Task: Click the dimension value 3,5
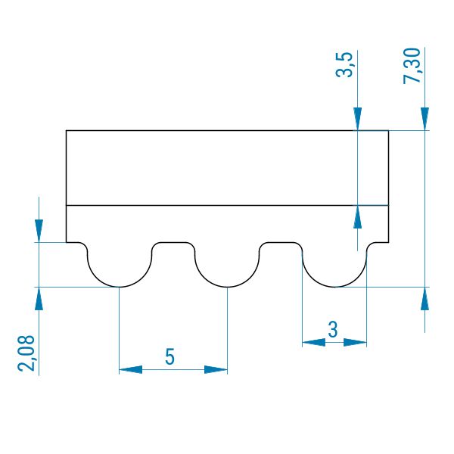(x=344, y=64)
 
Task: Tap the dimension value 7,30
(x=412, y=66)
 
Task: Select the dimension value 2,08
(x=26, y=353)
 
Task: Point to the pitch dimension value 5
(x=170, y=356)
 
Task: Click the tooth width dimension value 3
(x=333, y=329)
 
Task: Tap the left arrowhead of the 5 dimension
(x=131, y=369)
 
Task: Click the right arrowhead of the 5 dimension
(x=216, y=369)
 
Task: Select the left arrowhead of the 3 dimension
(x=314, y=343)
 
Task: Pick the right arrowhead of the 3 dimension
(x=356, y=343)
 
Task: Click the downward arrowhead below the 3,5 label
(x=358, y=119)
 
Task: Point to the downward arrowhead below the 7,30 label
(x=424, y=119)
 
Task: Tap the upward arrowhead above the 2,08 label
(x=39, y=299)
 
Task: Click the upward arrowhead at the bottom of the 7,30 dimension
(x=424, y=299)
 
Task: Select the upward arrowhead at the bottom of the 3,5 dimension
(x=358, y=217)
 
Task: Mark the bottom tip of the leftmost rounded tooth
(x=120, y=287)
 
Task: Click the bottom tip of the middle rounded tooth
(x=227, y=287)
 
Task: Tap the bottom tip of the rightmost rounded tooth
(x=334, y=287)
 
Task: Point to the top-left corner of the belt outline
(x=67, y=131)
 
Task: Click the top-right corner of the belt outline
(x=388, y=131)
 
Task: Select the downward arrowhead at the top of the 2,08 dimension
(x=39, y=231)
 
